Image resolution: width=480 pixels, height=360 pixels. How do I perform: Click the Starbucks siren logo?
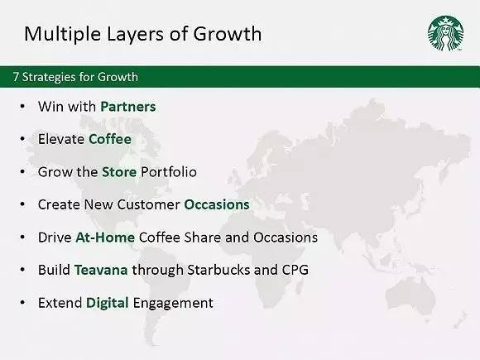click(x=445, y=33)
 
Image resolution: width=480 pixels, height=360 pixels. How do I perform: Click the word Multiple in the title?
click(x=63, y=34)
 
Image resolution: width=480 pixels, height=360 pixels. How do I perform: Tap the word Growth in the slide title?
click(x=227, y=33)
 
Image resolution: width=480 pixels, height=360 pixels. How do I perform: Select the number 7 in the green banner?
click(x=16, y=77)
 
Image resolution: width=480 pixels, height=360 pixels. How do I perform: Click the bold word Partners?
click(x=128, y=107)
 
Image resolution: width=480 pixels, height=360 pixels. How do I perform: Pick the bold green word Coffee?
click(x=110, y=139)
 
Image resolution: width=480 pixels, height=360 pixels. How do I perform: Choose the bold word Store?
click(x=119, y=172)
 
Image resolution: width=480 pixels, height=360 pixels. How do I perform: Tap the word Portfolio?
click(x=169, y=172)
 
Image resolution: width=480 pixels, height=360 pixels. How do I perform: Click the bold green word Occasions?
click(x=217, y=204)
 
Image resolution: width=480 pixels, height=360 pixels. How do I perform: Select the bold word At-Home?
click(x=105, y=238)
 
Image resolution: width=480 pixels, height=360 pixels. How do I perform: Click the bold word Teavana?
click(x=101, y=270)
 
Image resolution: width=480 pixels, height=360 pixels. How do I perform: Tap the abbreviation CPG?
click(x=295, y=270)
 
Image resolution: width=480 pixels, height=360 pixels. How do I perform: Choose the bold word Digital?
click(x=108, y=303)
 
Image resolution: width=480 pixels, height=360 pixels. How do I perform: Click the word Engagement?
click(x=173, y=303)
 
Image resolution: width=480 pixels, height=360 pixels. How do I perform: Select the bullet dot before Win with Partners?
click(x=22, y=107)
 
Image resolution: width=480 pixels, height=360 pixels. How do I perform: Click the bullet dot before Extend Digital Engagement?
click(x=22, y=303)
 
